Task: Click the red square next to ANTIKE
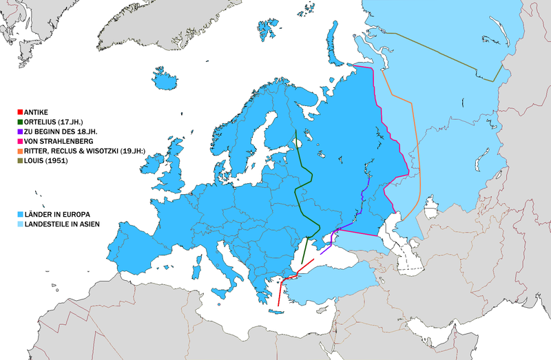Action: pos(20,111)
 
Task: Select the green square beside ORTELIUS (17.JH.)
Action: pos(20,120)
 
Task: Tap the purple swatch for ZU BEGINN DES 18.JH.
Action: pos(20,130)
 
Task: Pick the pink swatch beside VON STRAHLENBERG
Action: pos(20,140)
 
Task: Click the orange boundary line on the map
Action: pos(412,138)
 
